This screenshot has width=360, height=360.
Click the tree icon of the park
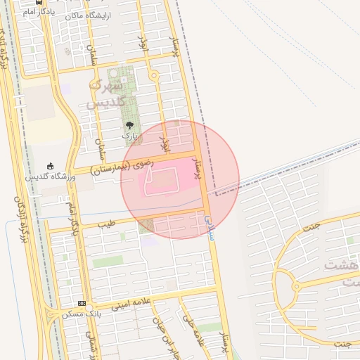click(x=127, y=124)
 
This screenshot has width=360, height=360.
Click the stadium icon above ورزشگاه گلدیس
click(x=49, y=166)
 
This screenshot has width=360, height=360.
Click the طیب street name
click(x=106, y=225)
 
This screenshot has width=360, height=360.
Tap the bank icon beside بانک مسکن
click(x=82, y=303)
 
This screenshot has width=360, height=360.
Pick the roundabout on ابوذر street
click(x=153, y=76)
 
